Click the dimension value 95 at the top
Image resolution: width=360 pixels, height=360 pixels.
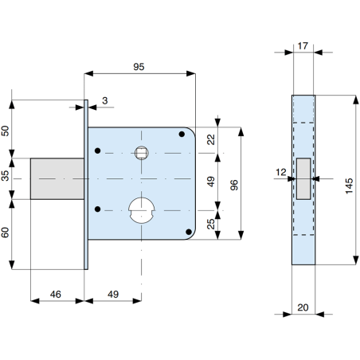[x=139, y=68]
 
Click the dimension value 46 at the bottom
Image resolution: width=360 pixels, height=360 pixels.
[x=56, y=294]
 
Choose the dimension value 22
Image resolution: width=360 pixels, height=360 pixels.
[x=210, y=139]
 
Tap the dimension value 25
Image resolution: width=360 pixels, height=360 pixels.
[x=210, y=225]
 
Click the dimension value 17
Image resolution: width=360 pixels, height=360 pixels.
[x=303, y=45]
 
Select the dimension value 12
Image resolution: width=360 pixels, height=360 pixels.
[x=281, y=170]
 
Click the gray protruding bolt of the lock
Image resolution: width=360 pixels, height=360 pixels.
[x=58, y=179]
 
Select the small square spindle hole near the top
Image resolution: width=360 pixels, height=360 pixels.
[x=142, y=151]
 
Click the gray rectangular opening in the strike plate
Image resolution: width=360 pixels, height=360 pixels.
[x=303, y=178]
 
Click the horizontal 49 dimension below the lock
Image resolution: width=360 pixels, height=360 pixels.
[x=113, y=294]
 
